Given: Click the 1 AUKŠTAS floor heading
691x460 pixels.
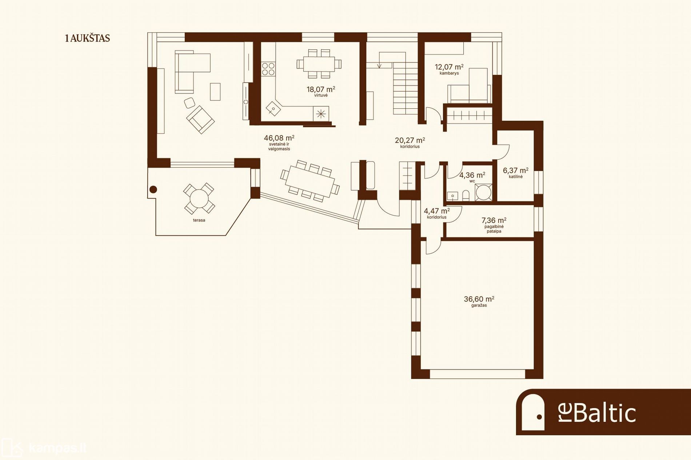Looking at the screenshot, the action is point(87,39).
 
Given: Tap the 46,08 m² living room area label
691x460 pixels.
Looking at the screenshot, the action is point(279,143).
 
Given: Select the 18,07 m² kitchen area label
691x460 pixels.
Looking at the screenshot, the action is point(321,91).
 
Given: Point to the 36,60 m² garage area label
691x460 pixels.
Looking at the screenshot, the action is point(479,301).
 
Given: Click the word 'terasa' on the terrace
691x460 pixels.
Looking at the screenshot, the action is point(199,220).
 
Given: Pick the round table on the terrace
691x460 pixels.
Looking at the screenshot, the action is point(199,199).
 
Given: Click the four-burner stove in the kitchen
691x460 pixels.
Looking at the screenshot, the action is point(268,69).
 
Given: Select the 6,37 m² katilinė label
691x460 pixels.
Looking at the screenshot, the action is point(516,172).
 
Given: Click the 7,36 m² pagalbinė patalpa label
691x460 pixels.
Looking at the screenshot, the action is point(494,225).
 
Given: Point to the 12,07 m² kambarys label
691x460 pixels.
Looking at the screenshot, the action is point(449,69).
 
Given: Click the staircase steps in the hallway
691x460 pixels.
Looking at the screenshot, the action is point(405,88).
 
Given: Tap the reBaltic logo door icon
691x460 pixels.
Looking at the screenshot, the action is point(533,412).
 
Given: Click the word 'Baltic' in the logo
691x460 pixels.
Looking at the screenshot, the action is point(605,413).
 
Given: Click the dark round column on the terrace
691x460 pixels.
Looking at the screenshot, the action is point(153,189).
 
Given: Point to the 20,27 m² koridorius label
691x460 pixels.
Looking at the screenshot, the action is point(410,142).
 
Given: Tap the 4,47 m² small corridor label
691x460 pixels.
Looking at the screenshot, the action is point(437,213).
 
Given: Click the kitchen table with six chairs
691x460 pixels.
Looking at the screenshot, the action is point(319,64).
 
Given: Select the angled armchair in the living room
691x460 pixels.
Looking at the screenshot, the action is point(200,119).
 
